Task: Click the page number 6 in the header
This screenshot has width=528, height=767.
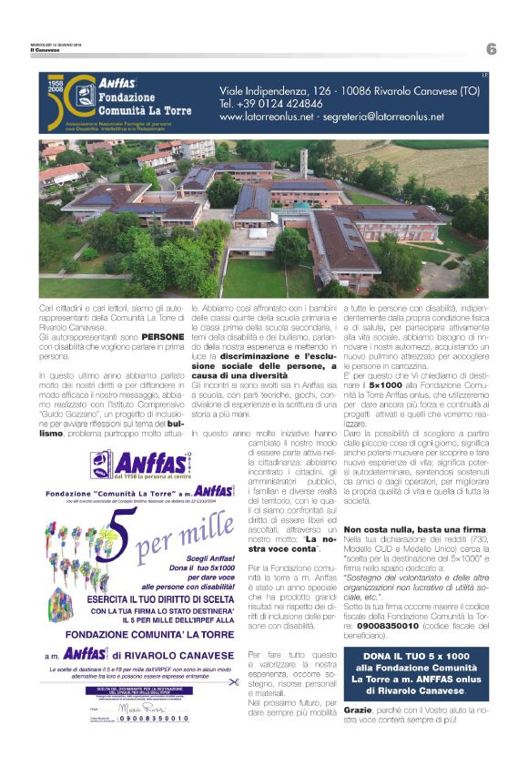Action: [491, 48]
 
